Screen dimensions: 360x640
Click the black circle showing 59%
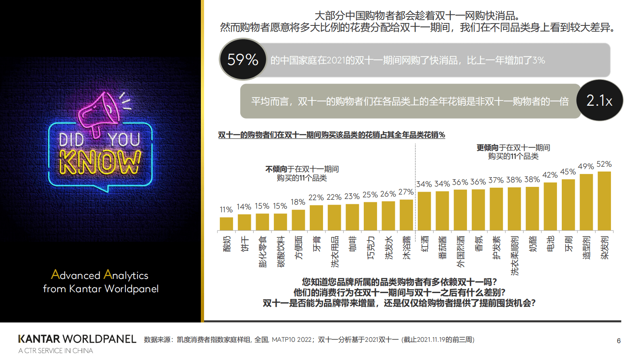243,59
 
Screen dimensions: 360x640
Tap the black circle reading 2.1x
599,100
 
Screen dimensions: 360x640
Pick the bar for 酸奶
226,224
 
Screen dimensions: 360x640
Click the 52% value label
604,164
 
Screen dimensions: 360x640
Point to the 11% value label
226,210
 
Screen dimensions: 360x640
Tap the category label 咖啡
352,244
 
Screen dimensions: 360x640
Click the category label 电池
550,244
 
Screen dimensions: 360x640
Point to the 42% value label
550,175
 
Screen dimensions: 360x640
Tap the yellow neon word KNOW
100,162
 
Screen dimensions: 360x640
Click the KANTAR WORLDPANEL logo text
77,339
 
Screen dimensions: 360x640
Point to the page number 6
619,341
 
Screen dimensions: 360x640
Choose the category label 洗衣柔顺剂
515,255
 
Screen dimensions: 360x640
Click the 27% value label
406,192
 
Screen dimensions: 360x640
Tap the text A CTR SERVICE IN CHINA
56,351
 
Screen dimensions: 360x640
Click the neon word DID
71,140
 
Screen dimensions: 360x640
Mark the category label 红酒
424,244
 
